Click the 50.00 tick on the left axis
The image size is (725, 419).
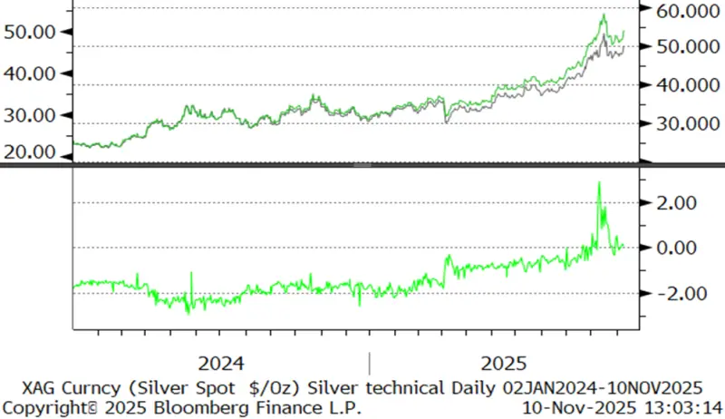[32, 32]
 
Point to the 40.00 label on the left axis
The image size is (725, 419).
[32, 73]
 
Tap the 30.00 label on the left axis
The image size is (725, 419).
[32, 115]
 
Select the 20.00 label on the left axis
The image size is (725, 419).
[32, 151]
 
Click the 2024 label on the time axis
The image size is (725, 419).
[221, 363]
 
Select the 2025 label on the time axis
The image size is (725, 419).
[504, 363]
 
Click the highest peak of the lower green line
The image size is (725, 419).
[599, 182]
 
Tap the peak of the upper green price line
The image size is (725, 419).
[604, 15]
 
